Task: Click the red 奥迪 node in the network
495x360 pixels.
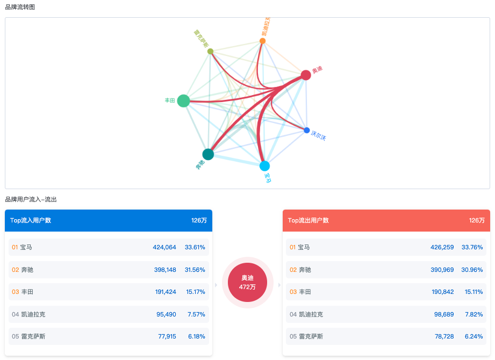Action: (306, 75)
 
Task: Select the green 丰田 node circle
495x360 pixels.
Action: (183, 100)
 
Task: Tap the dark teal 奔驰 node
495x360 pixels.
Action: (208, 154)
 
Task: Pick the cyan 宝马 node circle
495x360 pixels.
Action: (264, 165)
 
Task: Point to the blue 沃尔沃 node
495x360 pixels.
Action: (307, 130)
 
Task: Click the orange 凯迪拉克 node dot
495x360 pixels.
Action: (262, 41)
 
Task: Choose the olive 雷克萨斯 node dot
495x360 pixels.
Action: (210, 51)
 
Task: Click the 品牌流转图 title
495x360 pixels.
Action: (20, 6)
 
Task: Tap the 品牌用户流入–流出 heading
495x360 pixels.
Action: (31, 199)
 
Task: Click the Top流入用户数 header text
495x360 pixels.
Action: (31, 220)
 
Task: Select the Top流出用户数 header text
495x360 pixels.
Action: (309, 220)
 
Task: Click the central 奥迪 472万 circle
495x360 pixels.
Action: (247, 282)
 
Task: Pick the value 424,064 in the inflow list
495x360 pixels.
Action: (164, 247)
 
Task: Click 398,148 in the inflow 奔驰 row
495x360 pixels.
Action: (164, 270)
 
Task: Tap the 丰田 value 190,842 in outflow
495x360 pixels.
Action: (442, 292)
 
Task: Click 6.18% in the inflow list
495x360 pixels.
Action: (196, 336)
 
